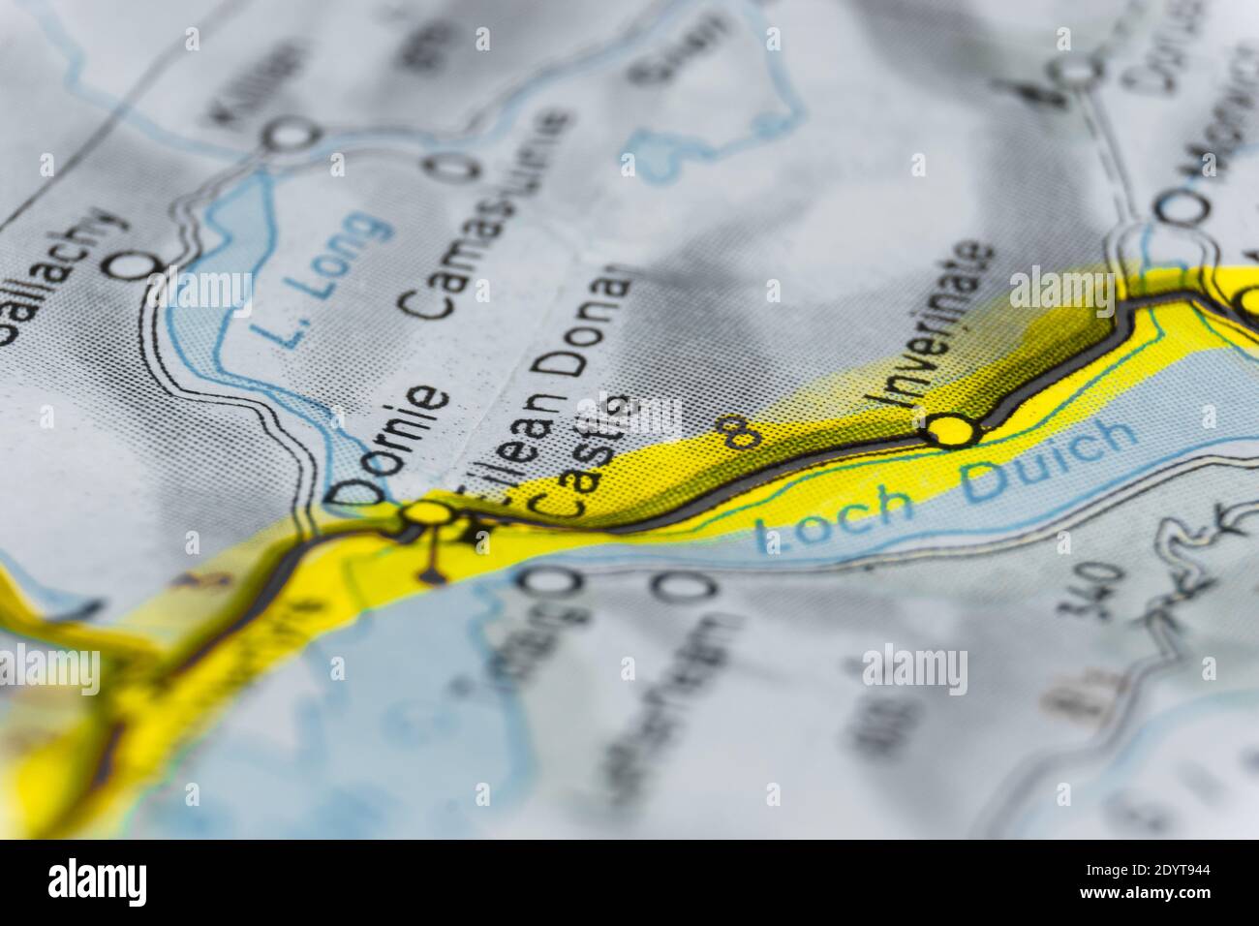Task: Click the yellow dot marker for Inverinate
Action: coord(946,428)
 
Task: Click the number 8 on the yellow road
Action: coord(740,433)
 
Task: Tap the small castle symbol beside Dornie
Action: coord(476,532)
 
